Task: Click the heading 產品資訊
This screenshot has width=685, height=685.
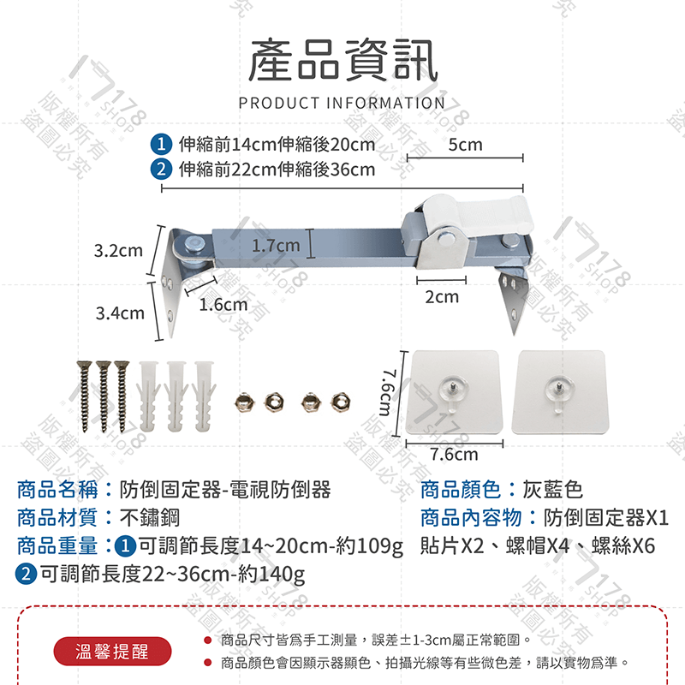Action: coord(342,62)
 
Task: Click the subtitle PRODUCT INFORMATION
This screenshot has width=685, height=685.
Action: coord(342,104)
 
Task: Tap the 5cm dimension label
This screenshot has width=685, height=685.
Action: coord(465,145)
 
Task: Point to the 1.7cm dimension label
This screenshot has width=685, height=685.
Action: coord(276,247)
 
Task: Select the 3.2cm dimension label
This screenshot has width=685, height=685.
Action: coord(118,251)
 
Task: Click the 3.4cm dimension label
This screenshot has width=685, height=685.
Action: coord(120,313)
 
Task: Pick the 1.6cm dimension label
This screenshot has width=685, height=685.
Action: coord(223,304)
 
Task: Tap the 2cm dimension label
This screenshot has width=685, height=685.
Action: coord(442,297)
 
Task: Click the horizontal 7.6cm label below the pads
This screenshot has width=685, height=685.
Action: coord(454,455)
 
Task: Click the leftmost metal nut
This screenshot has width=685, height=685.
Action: coord(242,400)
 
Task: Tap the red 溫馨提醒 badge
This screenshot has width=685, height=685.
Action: coord(112,652)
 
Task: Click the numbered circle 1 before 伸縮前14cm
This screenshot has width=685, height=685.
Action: coord(160,144)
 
